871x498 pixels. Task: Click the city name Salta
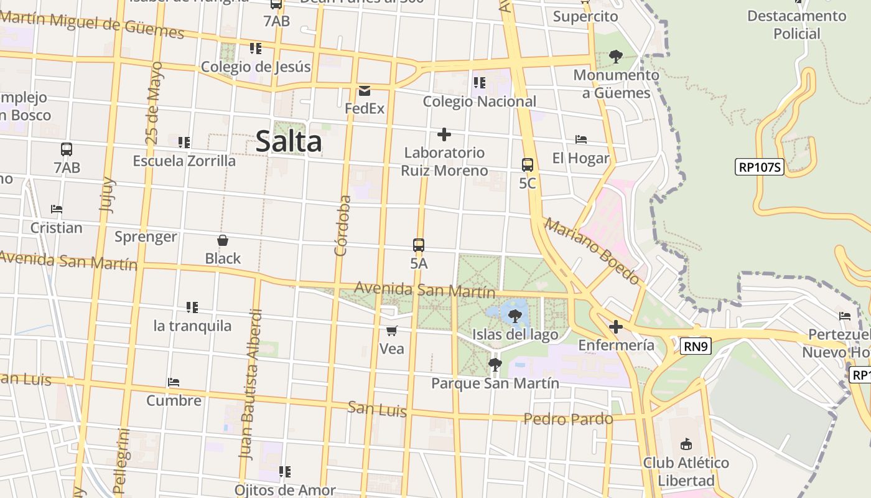click(x=289, y=141)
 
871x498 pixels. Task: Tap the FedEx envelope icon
click(x=364, y=91)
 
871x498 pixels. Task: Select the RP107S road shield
click(x=759, y=167)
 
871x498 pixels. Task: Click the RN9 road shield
click(x=696, y=347)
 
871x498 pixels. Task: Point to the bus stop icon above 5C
click(x=527, y=165)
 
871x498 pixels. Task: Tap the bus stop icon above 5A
click(x=419, y=245)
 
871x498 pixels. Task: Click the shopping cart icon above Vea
click(x=391, y=331)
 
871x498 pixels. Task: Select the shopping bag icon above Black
click(x=223, y=240)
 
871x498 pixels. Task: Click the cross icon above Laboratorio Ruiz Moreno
click(x=444, y=134)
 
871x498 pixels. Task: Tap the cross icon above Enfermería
click(x=615, y=327)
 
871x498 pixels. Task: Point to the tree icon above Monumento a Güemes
click(x=615, y=57)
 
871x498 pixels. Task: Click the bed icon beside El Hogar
click(x=581, y=139)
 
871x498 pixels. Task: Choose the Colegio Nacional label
click(x=479, y=101)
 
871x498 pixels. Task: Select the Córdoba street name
click(x=343, y=225)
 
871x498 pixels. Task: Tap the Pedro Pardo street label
click(x=568, y=419)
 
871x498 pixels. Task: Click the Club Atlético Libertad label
click(x=686, y=471)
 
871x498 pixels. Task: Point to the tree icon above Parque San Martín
click(x=495, y=365)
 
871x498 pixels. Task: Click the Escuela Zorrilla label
click(x=184, y=161)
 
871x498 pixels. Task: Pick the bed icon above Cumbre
click(x=174, y=382)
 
